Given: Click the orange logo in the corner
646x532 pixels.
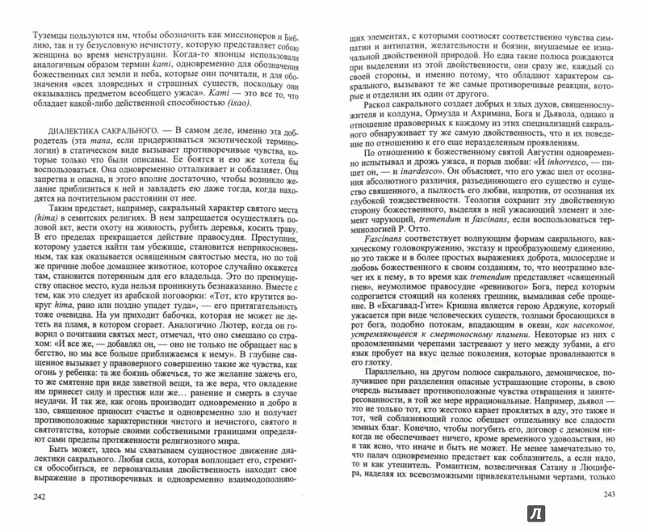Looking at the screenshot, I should [x=623, y=510].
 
